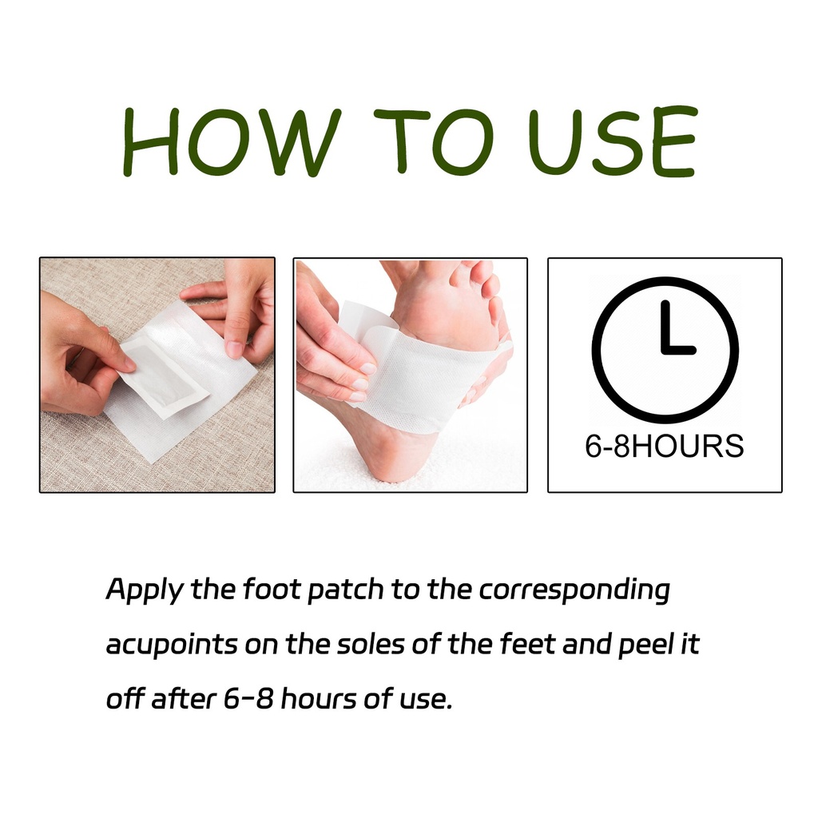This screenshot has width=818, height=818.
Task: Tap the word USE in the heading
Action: point(613,141)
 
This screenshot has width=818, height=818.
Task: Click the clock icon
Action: point(665,350)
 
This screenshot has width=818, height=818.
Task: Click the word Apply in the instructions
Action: point(145,590)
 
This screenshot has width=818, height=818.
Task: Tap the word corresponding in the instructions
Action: point(574,590)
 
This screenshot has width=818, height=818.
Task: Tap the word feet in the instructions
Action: point(527,644)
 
